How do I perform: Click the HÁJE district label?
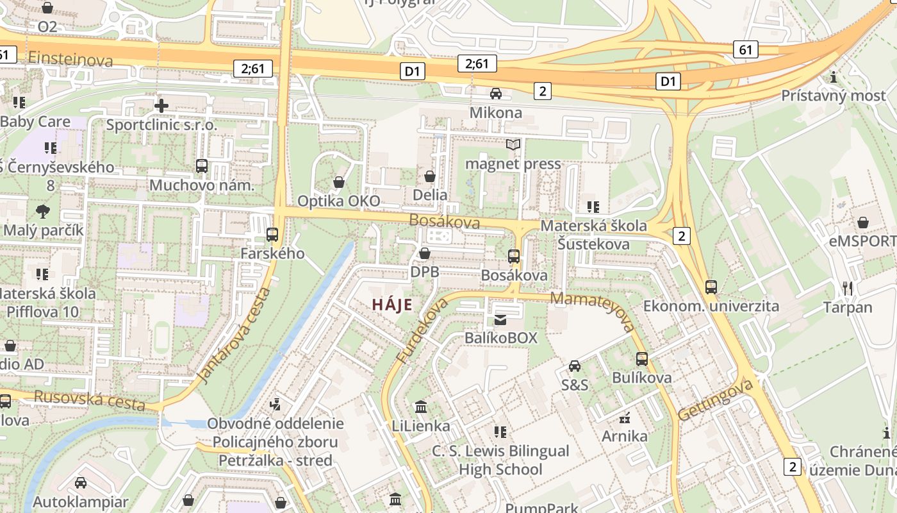pyautogui.click(x=392, y=305)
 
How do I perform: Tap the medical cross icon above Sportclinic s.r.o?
pyautogui.click(x=161, y=105)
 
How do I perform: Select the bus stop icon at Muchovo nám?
pyautogui.click(x=202, y=166)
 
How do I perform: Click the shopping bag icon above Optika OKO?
pyautogui.click(x=339, y=182)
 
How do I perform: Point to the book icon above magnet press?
pyautogui.click(x=513, y=144)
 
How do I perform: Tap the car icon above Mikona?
pyautogui.click(x=495, y=94)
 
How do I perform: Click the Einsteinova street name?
pyautogui.click(x=70, y=60)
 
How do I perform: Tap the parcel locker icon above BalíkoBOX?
pyautogui.click(x=500, y=319)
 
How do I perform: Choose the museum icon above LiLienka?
pyautogui.click(x=421, y=407)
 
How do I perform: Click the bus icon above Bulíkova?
pyautogui.click(x=642, y=359)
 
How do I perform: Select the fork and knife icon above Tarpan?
pyautogui.click(x=848, y=289)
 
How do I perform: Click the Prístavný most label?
pyautogui.click(x=833, y=96)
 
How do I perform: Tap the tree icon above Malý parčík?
pyautogui.click(x=43, y=211)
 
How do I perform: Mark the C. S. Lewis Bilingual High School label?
pyautogui.click(x=500, y=460)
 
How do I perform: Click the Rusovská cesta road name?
pyautogui.click(x=89, y=401)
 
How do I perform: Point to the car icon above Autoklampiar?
pyautogui.click(x=81, y=483)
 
